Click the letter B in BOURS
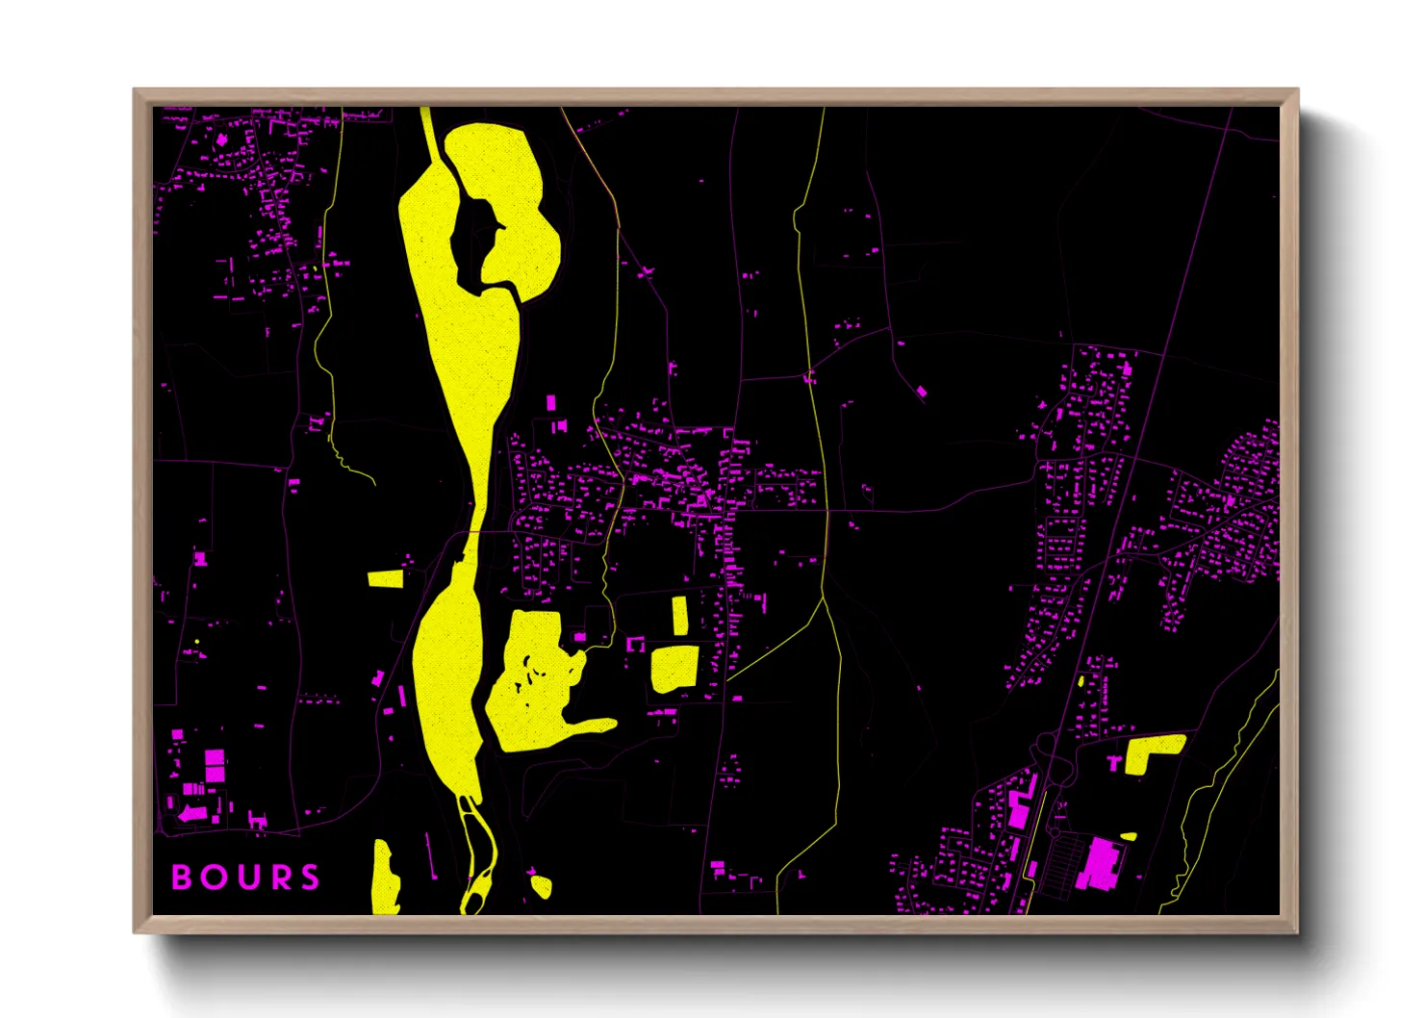pyautogui.click(x=181, y=878)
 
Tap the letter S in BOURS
pyautogui.click(x=310, y=878)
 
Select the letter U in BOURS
pyautogui.click(x=245, y=878)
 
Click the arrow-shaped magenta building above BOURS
pyautogui.click(x=192, y=814)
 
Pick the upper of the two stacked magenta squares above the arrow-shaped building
pyautogui.click(x=215, y=758)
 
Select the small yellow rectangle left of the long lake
pyautogui.click(x=385, y=578)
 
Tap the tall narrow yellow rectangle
pyautogui.click(x=679, y=616)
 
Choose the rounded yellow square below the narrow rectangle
pyautogui.click(x=674, y=668)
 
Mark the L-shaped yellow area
pyautogui.click(x=1149, y=751)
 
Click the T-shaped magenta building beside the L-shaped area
pyautogui.click(x=1115, y=762)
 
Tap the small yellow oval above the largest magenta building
pyautogui.click(x=1128, y=836)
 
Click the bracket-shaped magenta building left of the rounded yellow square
pyautogui.click(x=636, y=644)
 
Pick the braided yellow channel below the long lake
pyautogui.click(x=476, y=856)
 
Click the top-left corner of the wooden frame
pyautogui.click(x=135, y=90)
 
